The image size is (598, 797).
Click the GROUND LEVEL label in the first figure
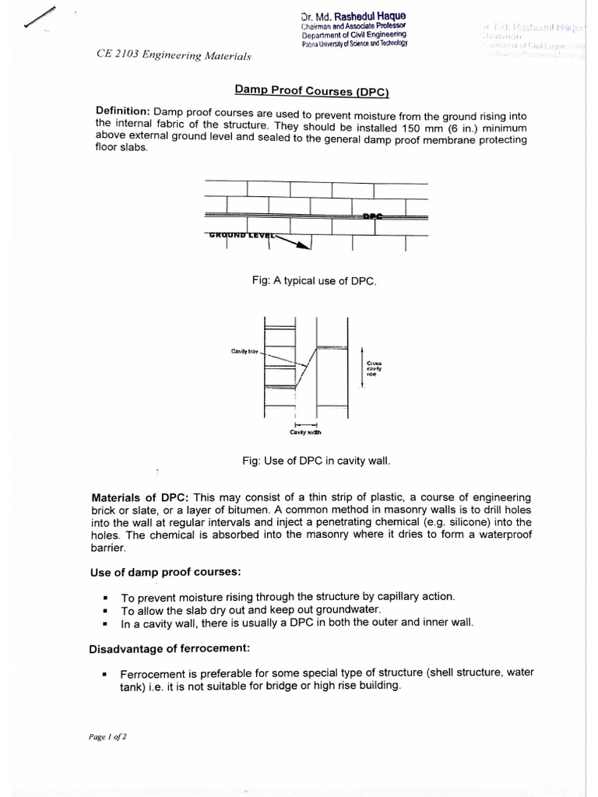(239, 234)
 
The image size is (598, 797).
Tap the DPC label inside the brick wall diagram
(373, 216)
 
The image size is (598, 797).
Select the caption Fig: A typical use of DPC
(315, 280)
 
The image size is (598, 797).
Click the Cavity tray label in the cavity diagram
(244, 352)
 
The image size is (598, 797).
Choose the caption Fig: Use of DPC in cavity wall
(316, 461)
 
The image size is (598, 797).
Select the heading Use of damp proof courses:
(165, 572)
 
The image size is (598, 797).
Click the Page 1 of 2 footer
(107, 736)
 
